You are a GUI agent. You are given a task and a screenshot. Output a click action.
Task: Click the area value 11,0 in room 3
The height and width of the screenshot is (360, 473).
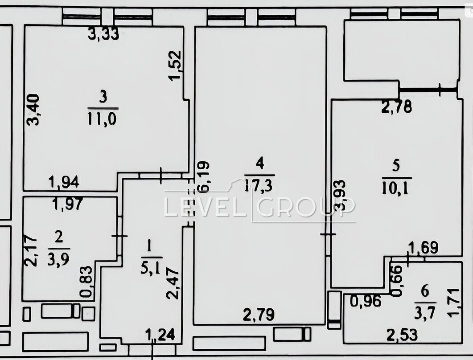tap(102, 119)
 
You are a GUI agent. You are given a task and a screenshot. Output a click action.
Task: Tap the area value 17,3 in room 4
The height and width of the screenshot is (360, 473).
tap(259, 185)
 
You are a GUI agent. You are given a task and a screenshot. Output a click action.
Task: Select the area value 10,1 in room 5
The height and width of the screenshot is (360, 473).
tap(397, 188)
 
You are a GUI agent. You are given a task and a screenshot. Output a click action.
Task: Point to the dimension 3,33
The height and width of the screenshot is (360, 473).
tap(103, 34)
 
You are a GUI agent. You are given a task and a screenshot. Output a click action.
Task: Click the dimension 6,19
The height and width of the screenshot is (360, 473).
tap(203, 177)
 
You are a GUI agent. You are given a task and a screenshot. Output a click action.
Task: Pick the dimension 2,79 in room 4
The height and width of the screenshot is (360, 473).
tap(259, 315)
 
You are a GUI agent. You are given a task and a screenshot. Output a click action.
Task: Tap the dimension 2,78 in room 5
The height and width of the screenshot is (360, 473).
tap(397, 106)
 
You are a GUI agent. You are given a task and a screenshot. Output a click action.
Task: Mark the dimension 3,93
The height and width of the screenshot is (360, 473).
tap(341, 195)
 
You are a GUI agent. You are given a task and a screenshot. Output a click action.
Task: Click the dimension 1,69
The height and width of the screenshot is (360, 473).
tap(423, 248)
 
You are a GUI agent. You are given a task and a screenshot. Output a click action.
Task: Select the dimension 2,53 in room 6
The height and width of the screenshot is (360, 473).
tap(402, 335)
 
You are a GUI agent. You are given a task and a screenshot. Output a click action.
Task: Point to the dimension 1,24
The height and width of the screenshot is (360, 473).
tap(160, 335)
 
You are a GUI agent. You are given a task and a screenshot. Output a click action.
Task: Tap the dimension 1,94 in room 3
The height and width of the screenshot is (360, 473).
tap(64, 182)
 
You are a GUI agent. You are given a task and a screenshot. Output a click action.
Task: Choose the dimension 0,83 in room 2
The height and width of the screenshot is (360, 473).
tap(86, 282)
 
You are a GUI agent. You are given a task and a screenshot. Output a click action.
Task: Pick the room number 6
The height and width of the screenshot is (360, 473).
tap(425, 291)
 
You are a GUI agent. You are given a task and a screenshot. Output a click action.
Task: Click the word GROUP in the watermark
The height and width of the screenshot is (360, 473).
tap(306, 207)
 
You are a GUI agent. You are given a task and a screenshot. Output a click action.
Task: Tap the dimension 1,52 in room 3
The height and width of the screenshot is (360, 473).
tap(175, 65)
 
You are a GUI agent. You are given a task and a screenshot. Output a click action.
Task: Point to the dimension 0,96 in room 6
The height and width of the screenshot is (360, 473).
tap(366, 301)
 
